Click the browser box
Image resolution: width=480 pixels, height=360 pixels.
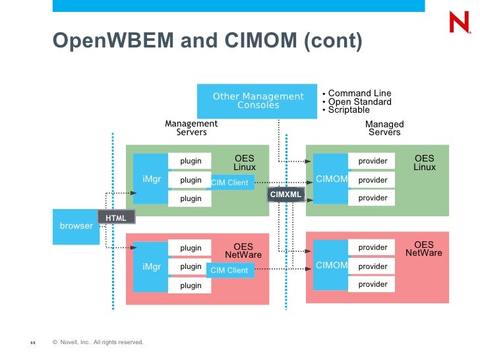coord(76,226)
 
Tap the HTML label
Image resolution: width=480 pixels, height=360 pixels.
coord(116,218)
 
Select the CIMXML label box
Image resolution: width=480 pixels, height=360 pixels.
coord(285,195)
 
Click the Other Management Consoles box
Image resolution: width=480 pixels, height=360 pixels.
coord(258,101)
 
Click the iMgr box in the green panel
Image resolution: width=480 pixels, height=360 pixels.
coord(152,179)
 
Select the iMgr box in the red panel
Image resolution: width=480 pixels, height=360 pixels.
coord(152,267)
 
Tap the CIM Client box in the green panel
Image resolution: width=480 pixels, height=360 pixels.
coord(230,183)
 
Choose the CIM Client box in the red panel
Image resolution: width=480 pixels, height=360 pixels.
coord(229,270)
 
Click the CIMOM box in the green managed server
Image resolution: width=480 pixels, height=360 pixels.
coord(331,179)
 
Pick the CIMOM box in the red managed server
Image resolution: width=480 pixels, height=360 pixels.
coord(331,266)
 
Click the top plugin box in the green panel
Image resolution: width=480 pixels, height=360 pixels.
coord(191,161)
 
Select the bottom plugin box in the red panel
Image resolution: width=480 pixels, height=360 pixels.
coord(191,285)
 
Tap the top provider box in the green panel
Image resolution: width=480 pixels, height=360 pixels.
coord(373,161)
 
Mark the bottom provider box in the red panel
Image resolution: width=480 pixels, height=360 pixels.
coord(373,284)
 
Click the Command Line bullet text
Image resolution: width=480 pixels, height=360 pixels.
coord(359,94)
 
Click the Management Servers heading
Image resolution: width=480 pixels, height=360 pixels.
coord(191,128)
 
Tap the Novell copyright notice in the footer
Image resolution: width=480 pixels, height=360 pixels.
coord(98,342)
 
